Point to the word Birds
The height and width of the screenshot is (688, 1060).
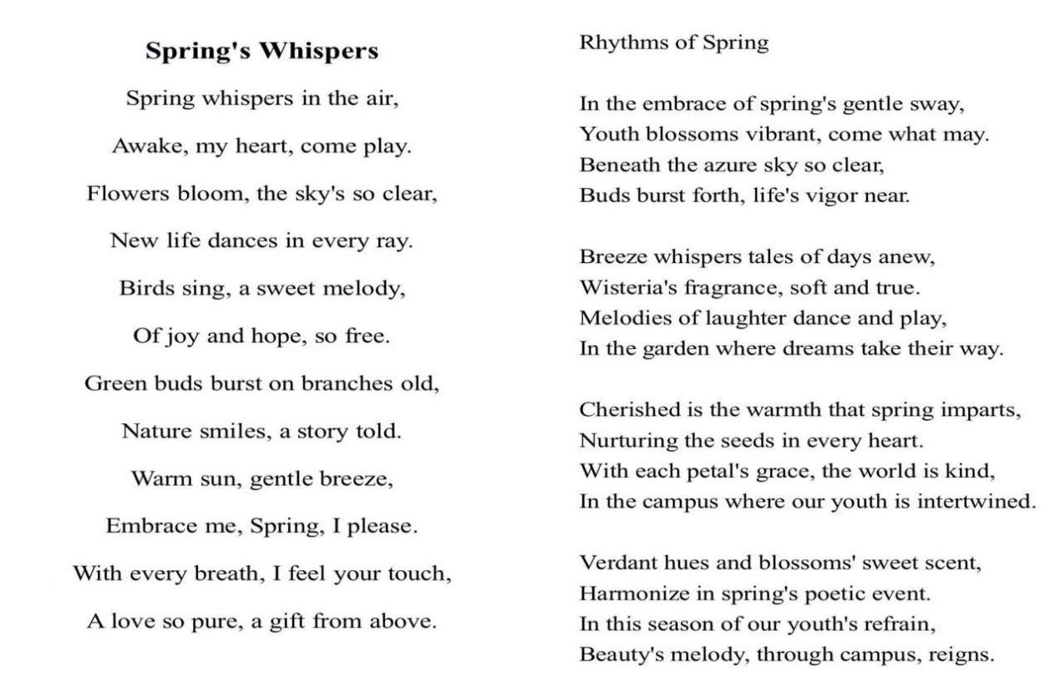click(143, 289)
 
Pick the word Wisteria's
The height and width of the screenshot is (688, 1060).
click(629, 288)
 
